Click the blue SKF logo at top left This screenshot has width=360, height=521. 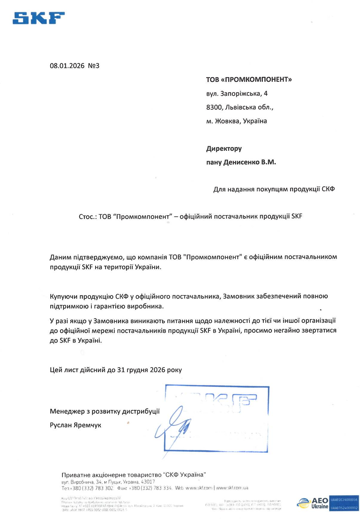(39, 18)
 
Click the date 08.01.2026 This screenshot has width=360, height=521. (67, 65)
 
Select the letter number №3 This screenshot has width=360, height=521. (94, 65)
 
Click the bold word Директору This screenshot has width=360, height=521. (224, 148)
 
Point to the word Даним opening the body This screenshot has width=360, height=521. (60, 257)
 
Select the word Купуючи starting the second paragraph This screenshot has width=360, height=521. (64, 296)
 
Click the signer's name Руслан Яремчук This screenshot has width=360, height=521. (76, 425)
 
